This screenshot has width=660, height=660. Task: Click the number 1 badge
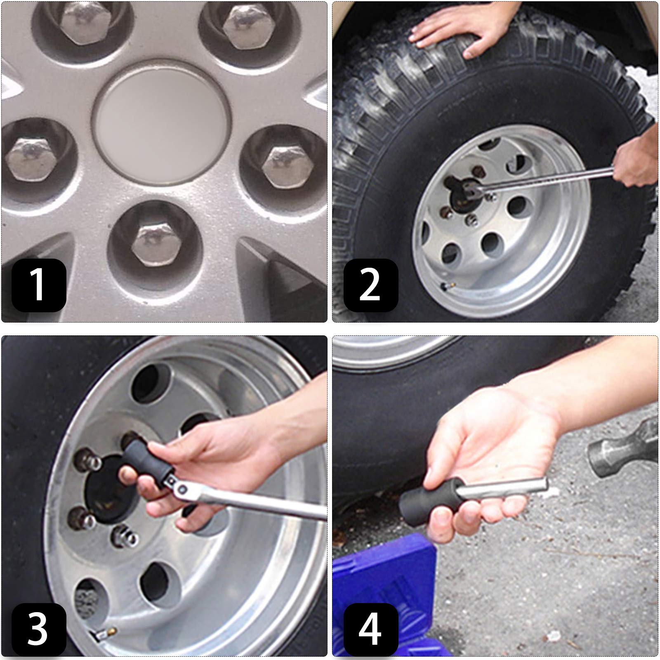pos(39,285)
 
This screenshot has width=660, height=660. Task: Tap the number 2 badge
pos(370,285)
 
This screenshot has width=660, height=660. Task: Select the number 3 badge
pos(39,629)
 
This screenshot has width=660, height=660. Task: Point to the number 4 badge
pos(370,629)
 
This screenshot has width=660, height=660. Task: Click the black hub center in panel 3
pos(103,491)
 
